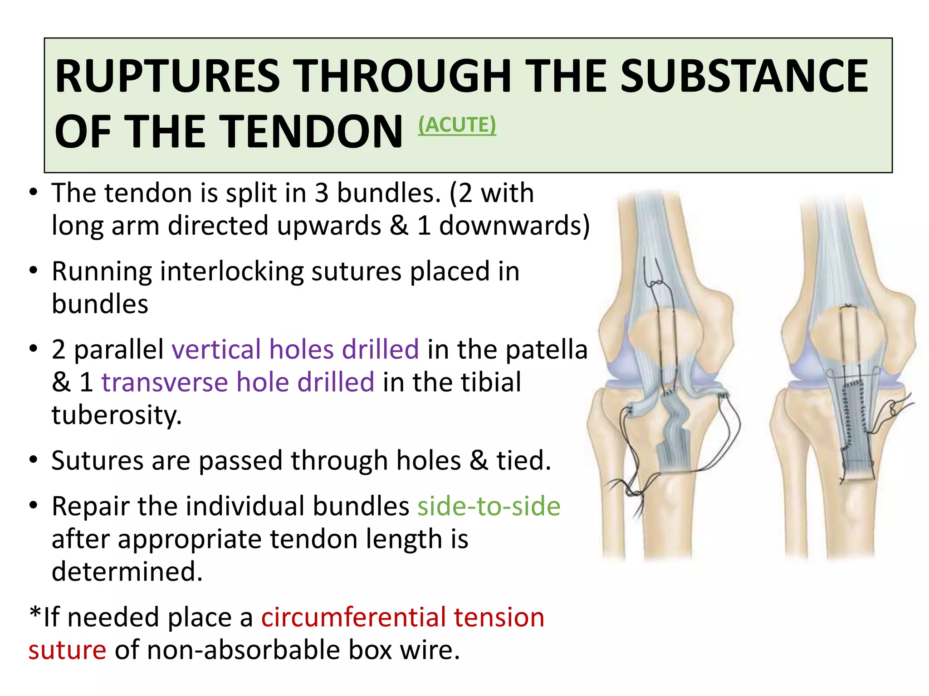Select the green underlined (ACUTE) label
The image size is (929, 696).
point(457,125)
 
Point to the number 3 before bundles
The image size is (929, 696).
point(321,193)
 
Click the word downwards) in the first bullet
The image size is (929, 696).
point(514,226)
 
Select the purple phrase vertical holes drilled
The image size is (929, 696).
point(295,350)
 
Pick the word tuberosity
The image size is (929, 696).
point(117,415)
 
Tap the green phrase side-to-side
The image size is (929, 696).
point(489,507)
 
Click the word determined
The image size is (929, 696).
point(127,571)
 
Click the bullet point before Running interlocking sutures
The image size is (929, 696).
point(33,271)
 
